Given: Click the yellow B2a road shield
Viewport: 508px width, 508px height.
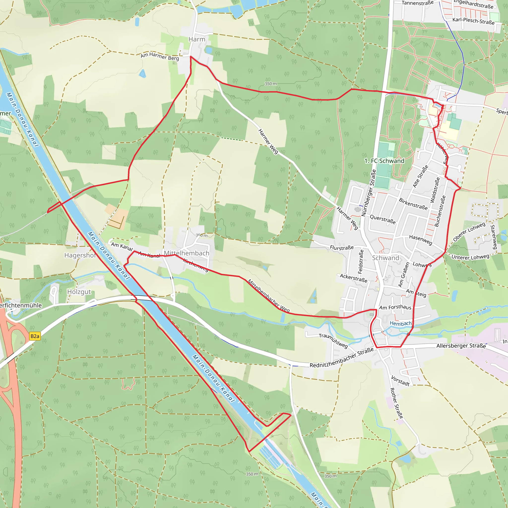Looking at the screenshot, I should pyautogui.click(x=35, y=336).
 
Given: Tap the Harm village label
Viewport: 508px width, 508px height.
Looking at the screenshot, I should pyautogui.click(x=197, y=39).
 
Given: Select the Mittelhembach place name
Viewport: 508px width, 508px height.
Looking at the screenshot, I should pyautogui.click(x=187, y=253).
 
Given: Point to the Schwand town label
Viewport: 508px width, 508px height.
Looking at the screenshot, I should pyautogui.click(x=385, y=258).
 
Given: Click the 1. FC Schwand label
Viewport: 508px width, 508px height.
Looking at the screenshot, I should pyautogui.click(x=384, y=161).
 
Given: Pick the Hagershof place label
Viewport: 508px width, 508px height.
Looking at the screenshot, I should pyautogui.click(x=80, y=255).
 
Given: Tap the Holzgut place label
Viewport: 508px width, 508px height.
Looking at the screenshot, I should pyautogui.click(x=79, y=292).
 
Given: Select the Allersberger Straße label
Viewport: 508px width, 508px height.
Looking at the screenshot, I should pyautogui.click(x=461, y=346).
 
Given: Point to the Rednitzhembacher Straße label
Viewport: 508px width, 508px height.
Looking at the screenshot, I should pyautogui.click(x=342, y=358).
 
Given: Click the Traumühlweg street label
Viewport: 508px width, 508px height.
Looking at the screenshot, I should pyautogui.click(x=333, y=341).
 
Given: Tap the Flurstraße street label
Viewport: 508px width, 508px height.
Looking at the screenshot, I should pyautogui.click(x=342, y=247).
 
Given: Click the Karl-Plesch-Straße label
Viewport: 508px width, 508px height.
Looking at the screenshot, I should pyautogui.click(x=473, y=21).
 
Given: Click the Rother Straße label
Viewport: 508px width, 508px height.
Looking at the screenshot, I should pyautogui.click(x=396, y=403).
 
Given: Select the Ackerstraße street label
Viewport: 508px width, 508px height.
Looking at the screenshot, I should pyautogui.click(x=353, y=278).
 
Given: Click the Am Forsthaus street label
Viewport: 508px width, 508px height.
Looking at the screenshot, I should pyautogui.click(x=395, y=307).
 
